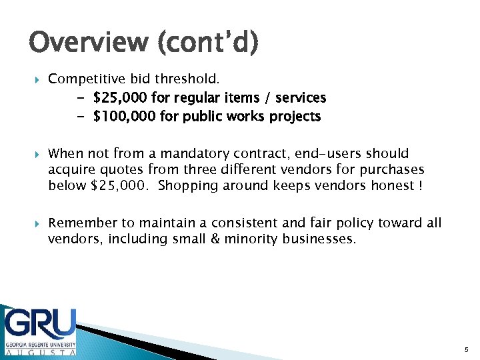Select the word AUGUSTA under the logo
40,351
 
